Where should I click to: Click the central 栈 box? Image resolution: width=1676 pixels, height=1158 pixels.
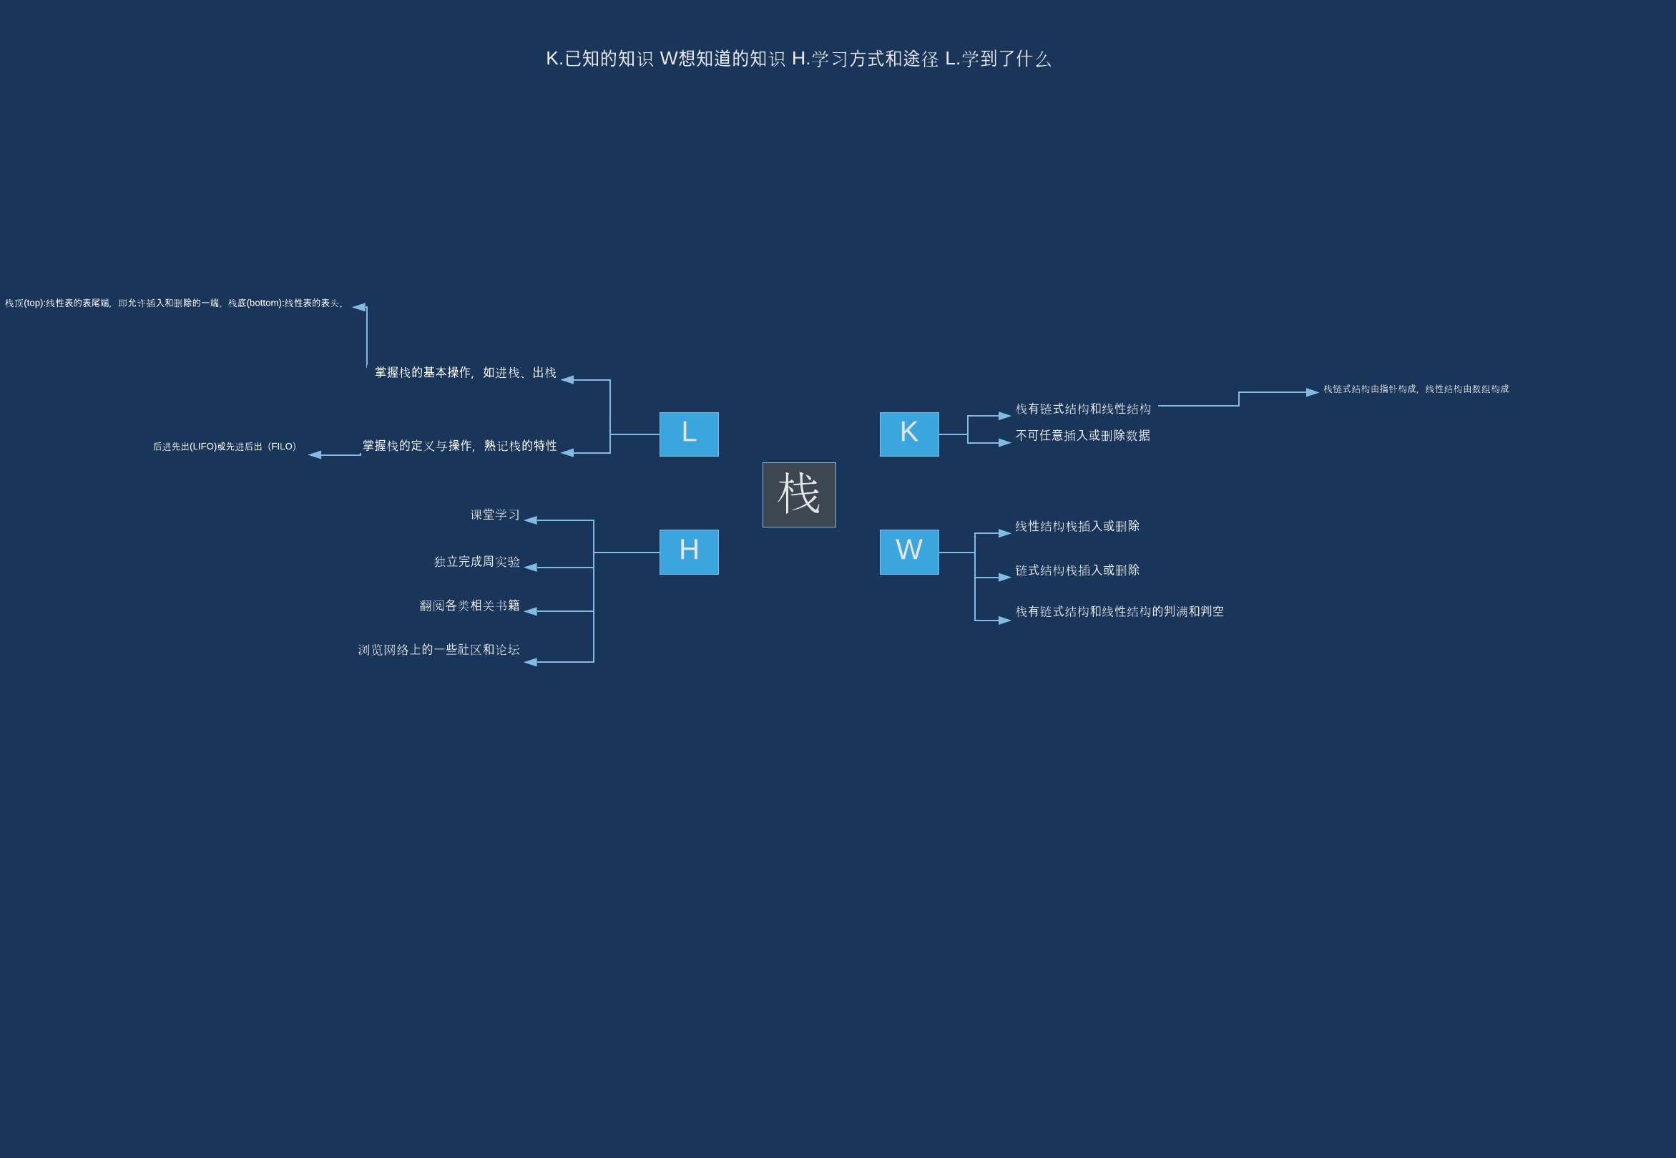[x=798, y=495]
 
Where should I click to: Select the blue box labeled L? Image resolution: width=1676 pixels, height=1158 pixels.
[x=688, y=434]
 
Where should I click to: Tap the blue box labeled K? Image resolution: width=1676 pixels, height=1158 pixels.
[x=908, y=434]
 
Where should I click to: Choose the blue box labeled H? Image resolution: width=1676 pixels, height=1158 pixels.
[x=688, y=551]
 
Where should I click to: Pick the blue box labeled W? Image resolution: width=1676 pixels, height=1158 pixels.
[x=908, y=551]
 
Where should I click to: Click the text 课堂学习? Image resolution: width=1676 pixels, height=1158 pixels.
[x=494, y=515]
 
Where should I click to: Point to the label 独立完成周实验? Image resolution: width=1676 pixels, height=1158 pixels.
[x=476, y=562]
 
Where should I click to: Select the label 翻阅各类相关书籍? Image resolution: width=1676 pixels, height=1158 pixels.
[x=469, y=605]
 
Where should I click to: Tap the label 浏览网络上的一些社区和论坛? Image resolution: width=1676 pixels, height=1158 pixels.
[x=438, y=649]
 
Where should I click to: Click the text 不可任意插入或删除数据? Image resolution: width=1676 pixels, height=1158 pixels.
[x=1082, y=435]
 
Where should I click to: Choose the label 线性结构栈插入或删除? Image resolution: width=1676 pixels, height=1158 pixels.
[x=1077, y=526]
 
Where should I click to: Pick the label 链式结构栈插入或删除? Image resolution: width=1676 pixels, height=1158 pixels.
[x=1077, y=570]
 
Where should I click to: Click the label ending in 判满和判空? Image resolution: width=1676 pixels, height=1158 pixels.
[x=1119, y=612]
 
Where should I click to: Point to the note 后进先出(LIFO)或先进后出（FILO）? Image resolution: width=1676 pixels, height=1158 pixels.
[x=225, y=446]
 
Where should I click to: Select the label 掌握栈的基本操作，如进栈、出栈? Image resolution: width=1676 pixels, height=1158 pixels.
[x=465, y=372]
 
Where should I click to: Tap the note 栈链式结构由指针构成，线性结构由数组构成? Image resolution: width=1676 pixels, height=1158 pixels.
[x=1416, y=389]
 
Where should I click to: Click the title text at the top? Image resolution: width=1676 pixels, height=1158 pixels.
[x=798, y=59]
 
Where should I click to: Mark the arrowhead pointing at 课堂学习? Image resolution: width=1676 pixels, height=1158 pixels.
[x=531, y=520]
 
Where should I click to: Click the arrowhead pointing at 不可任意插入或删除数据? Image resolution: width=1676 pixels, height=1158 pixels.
[x=1004, y=442]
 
